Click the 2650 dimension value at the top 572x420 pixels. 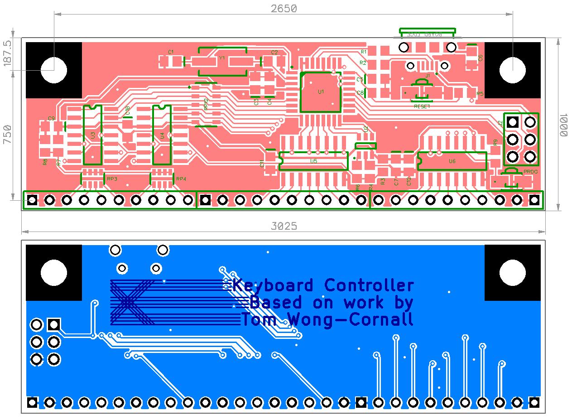pos(284,8)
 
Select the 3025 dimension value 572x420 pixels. pos(284,226)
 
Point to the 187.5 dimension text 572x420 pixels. pos(8,53)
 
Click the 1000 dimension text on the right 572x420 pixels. pos(564,125)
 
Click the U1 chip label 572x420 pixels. pos(321,92)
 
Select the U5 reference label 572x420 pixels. pos(313,161)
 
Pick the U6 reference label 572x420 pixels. pos(452,161)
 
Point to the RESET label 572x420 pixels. pos(422,106)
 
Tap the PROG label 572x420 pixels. pos(530,172)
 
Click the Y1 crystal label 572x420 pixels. pos(222,58)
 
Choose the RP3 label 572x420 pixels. pos(112,179)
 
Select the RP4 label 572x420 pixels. pos(181,179)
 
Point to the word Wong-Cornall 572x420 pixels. pos(353,319)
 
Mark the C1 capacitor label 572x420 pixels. pos(171,52)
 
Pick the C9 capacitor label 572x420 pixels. pos(51,118)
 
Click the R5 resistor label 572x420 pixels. pos(480,94)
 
